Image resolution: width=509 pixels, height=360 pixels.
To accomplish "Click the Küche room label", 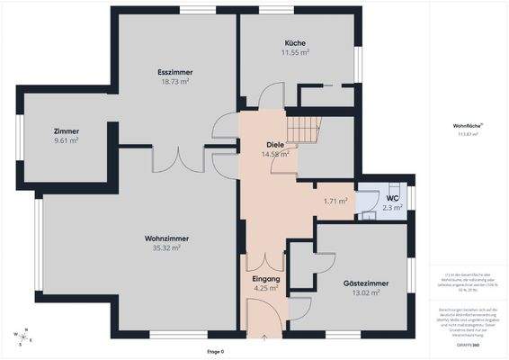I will tap(296, 43).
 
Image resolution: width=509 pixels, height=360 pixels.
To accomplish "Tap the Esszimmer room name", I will tap(174, 72).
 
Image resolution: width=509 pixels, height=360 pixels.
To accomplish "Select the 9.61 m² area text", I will tap(67, 140).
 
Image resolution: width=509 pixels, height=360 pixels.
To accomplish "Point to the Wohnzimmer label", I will tap(166, 238).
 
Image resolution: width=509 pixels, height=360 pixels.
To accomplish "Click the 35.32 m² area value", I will tap(166, 247).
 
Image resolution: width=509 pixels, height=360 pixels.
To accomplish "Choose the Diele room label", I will tap(275, 145).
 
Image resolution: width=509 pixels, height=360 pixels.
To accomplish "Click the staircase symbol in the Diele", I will tap(303, 131).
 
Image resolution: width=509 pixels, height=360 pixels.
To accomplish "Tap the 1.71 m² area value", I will tap(335, 201).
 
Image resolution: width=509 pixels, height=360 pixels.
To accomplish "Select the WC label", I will tap(392, 198).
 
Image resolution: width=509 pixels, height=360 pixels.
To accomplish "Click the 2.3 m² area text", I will tap(392, 208).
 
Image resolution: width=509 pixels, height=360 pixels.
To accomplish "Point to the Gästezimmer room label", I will tap(366, 283).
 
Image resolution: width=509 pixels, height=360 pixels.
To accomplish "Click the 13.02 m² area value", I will tap(366, 292).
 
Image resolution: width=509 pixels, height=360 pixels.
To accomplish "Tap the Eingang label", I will tap(266, 280).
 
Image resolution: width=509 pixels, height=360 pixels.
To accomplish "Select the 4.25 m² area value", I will tap(266, 289).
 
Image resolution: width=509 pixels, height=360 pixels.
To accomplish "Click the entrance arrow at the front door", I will tap(264, 337).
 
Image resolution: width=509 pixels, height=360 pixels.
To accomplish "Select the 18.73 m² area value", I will tap(174, 82).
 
